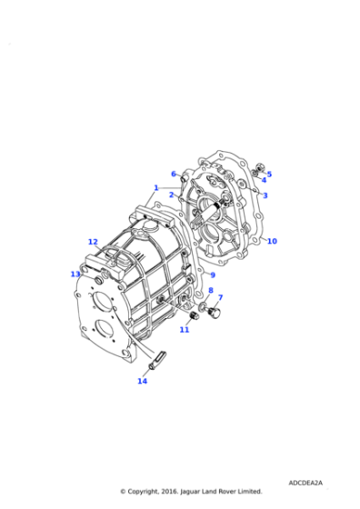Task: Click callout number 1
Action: pos(156,188)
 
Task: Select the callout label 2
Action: pos(170,195)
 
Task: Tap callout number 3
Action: pos(265,195)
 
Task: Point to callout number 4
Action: pos(264,180)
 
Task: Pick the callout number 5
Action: pos(269,174)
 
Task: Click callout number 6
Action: pos(173,174)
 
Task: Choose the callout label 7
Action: pos(220,297)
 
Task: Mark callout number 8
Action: pos(211,291)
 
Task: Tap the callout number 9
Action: pos(212,275)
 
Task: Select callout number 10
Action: pos(272,241)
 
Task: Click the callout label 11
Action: pos(184,329)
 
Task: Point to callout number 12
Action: pos(93,242)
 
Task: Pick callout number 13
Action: pos(75,274)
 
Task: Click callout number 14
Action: pos(142,381)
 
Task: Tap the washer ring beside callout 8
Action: pos(204,303)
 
